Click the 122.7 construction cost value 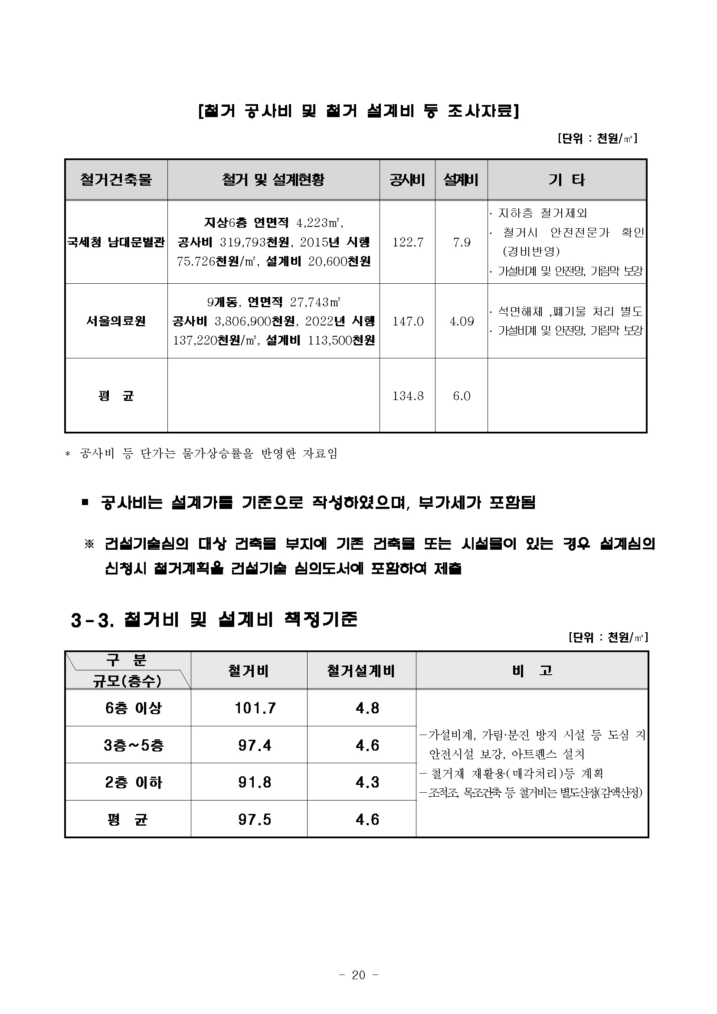tap(407, 242)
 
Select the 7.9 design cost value tap(462, 242)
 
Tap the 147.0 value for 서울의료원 tap(407, 321)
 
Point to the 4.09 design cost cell tap(462, 321)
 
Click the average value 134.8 tap(407, 396)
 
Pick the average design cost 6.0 tap(462, 396)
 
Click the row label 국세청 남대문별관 tap(116, 242)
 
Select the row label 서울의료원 tap(116, 321)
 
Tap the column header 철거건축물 tap(116, 180)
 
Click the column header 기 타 tap(567, 180)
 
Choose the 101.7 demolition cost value tap(255, 709)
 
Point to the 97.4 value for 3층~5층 tap(255, 745)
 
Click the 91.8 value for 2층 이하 tap(255, 783)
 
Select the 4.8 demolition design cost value tap(367, 709)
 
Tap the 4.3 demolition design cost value tap(367, 783)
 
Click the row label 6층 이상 tap(133, 709)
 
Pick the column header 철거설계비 tap(361, 671)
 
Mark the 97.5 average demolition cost tap(255, 820)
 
